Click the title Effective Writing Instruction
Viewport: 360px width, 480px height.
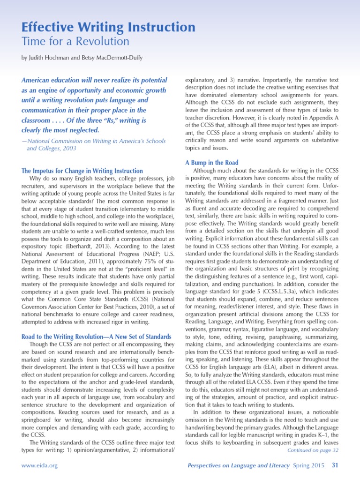(109, 27)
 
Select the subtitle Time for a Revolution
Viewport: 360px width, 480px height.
(75, 41)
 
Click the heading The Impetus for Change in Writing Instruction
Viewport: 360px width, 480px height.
(82, 171)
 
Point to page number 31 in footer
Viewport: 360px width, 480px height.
(335, 465)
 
